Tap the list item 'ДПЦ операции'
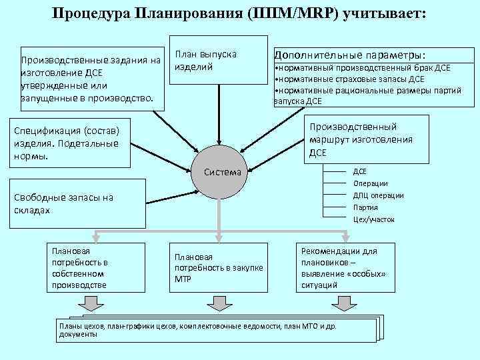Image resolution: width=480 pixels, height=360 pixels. [378, 195]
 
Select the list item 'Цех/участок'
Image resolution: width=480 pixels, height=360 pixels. [373, 219]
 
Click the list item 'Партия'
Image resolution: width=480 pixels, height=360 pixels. [365, 207]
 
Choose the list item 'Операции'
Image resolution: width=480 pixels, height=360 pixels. [370, 183]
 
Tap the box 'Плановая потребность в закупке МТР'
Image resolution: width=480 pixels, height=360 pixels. [218, 267]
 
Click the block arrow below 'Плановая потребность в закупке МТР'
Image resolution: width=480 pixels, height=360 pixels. [221, 303]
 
